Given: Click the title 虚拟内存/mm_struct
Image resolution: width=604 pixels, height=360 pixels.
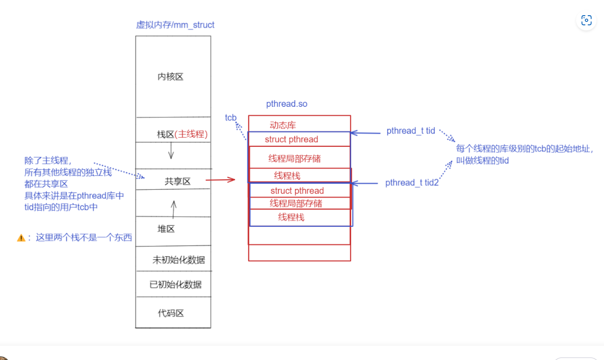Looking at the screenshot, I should coord(175,25).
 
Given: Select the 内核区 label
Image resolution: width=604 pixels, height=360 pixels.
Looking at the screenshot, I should coord(170,77).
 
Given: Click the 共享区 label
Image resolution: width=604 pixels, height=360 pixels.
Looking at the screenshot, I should coord(177,181).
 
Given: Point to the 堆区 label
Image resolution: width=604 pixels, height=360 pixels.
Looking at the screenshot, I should coord(166,229).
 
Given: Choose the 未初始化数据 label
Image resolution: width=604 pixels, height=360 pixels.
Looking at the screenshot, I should coord(178,260).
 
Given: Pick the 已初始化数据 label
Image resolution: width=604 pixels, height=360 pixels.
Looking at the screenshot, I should coord(175,285).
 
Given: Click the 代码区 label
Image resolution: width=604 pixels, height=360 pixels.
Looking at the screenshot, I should coord(171,313).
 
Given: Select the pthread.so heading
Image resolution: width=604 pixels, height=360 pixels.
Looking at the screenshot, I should coord(287,104).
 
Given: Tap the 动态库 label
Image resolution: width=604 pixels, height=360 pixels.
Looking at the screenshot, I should coord(283,126).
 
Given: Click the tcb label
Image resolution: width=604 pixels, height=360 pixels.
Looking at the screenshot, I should coord(231,117).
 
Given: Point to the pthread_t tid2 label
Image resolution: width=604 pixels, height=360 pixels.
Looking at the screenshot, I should coord(412,183).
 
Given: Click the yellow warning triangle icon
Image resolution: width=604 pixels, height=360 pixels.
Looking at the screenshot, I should coord(21,237).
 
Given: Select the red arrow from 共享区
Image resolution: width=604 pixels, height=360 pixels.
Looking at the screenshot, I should coord(220,179).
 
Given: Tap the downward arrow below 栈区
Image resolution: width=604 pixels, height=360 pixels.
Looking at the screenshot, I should coord(171,150).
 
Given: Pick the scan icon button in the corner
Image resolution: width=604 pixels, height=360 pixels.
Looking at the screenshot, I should coord(586,20).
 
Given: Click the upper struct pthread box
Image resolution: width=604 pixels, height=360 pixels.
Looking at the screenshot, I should coord(299,139).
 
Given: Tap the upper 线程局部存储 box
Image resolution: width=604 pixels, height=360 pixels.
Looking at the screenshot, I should coord(299,158).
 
